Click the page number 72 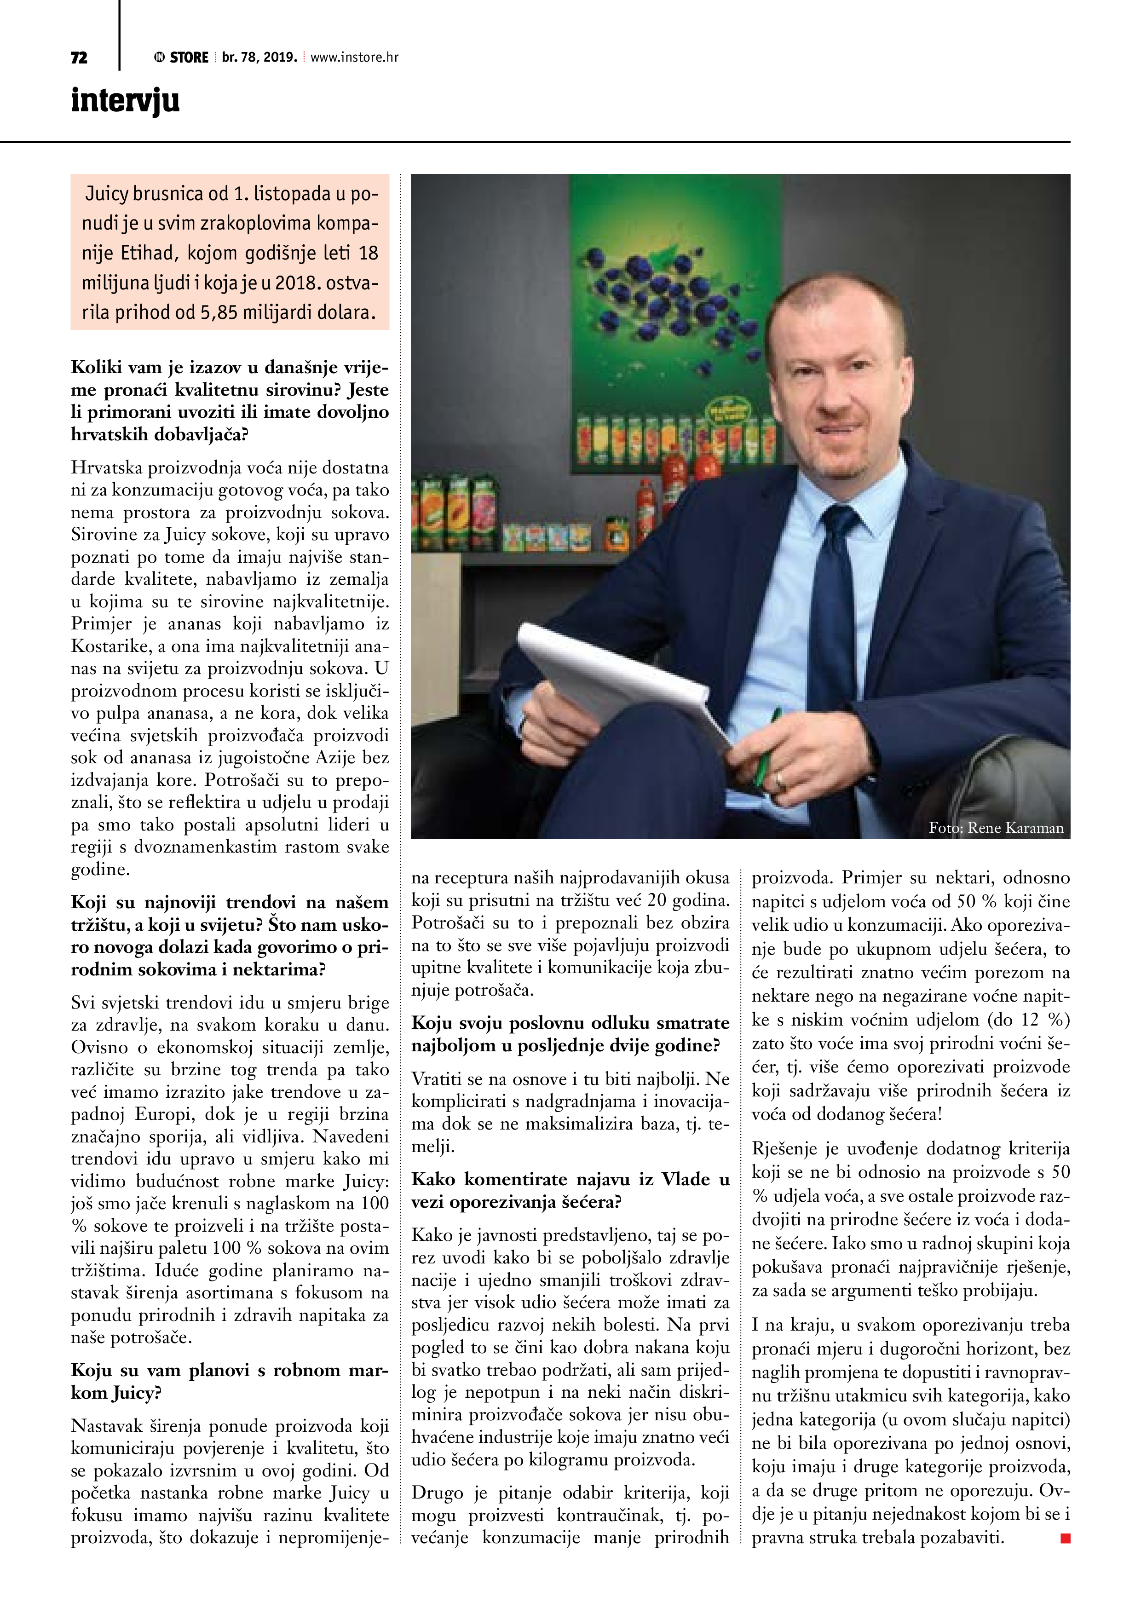[79, 58]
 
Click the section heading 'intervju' [125, 100]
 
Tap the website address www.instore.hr [354, 58]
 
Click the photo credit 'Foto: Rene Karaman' [996, 828]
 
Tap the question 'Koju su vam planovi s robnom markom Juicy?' [229, 1381]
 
